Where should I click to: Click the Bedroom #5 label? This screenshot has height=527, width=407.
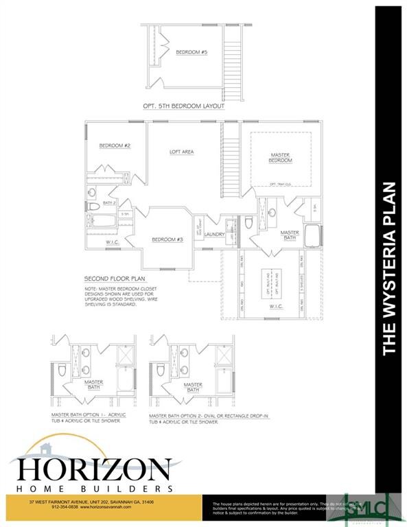point(186,52)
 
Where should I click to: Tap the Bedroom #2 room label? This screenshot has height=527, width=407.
point(114,145)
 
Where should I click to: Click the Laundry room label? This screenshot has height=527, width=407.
point(215,235)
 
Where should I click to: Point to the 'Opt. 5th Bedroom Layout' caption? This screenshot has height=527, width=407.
point(183,106)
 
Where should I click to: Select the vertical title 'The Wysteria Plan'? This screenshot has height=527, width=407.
point(389,268)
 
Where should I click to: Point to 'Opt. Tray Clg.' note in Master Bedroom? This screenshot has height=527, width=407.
point(282,184)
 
